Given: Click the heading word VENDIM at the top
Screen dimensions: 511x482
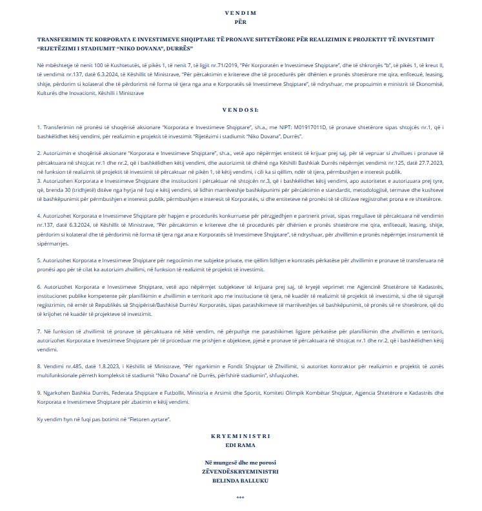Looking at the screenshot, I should [x=241, y=13].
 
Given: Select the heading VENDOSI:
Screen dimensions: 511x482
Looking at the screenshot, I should [x=241, y=110].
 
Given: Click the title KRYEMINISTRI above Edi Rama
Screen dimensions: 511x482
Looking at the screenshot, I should [x=241, y=437].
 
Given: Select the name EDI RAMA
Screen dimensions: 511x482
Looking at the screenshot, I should [x=241, y=445].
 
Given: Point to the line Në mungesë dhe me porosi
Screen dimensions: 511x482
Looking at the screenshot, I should [x=241, y=464].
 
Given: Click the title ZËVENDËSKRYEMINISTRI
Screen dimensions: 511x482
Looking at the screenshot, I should [x=241, y=472].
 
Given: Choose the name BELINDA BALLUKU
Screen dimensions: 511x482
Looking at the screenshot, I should [x=241, y=481].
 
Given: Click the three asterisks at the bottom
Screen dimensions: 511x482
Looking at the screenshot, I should [x=241, y=498].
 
